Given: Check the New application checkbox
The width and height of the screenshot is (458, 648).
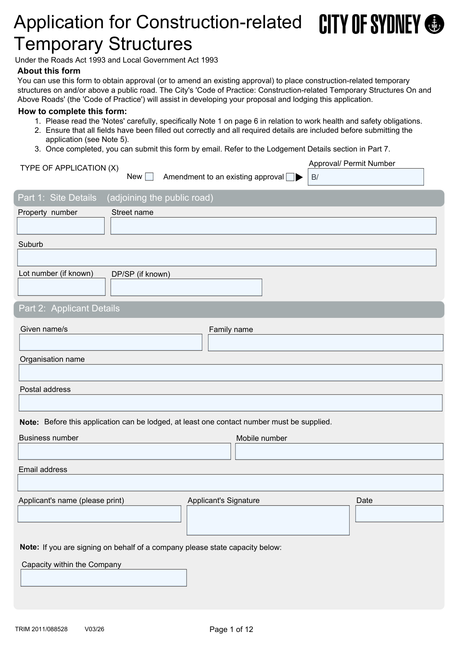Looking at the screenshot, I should point(150,177).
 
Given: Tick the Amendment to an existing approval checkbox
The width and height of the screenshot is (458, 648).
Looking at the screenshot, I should point(290,177).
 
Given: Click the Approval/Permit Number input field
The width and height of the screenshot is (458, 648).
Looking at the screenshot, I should point(366,177).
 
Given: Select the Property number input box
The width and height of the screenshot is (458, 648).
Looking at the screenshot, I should point(61,226).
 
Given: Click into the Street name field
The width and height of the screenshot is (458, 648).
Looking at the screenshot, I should point(273,226).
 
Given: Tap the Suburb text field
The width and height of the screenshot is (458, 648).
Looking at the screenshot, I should point(227,258).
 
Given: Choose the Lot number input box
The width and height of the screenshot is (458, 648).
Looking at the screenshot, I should point(61,287).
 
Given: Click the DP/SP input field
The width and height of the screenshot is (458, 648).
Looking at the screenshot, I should point(186,287).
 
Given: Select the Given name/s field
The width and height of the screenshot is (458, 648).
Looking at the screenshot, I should point(111,342).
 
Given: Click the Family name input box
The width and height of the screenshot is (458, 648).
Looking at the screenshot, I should point(326,343).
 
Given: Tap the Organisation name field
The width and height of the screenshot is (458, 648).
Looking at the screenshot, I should point(231,372).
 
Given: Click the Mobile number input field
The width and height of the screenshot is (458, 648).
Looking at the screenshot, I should point(339,451).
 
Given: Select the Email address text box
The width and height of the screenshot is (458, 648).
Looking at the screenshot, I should point(231,483).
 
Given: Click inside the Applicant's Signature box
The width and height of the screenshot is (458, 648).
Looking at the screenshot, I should point(268,520).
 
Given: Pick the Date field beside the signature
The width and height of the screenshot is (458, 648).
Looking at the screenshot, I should point(399,514).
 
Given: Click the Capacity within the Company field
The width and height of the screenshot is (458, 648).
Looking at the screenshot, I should point(104,578).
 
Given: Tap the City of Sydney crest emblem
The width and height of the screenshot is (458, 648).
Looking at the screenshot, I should point(434,24).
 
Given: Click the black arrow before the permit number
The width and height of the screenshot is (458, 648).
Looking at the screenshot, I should point(299,177).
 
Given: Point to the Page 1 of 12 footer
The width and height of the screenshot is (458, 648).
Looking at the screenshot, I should point(231,629).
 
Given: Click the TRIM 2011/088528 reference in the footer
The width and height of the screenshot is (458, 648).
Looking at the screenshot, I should point(41,629).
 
